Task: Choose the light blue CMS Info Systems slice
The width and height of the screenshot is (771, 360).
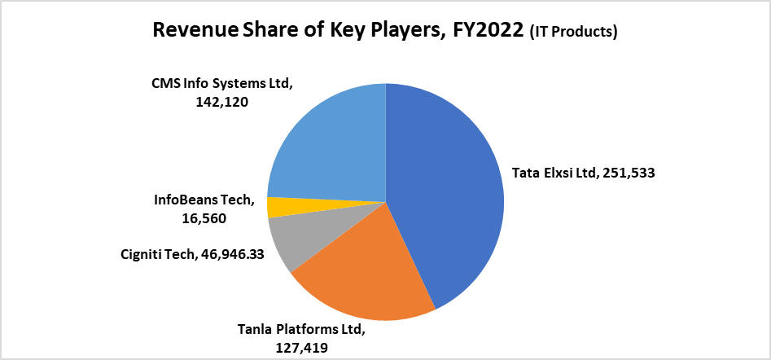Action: coord(326,138)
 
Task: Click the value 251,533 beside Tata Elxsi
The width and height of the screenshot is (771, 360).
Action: coord(629,173)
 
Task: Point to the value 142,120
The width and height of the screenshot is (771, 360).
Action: coord(221,103)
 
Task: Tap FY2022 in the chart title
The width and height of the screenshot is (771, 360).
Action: coord(488,32)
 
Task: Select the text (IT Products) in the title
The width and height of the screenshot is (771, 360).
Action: coord(573,33)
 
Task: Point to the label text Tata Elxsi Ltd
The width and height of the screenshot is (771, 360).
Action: coord(553,173)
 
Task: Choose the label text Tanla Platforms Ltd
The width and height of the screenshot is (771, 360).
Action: coord(301,330)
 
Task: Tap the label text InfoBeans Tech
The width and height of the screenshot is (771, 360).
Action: coord(204,200)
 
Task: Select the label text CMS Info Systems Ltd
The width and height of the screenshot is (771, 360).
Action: coord(221,84)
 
